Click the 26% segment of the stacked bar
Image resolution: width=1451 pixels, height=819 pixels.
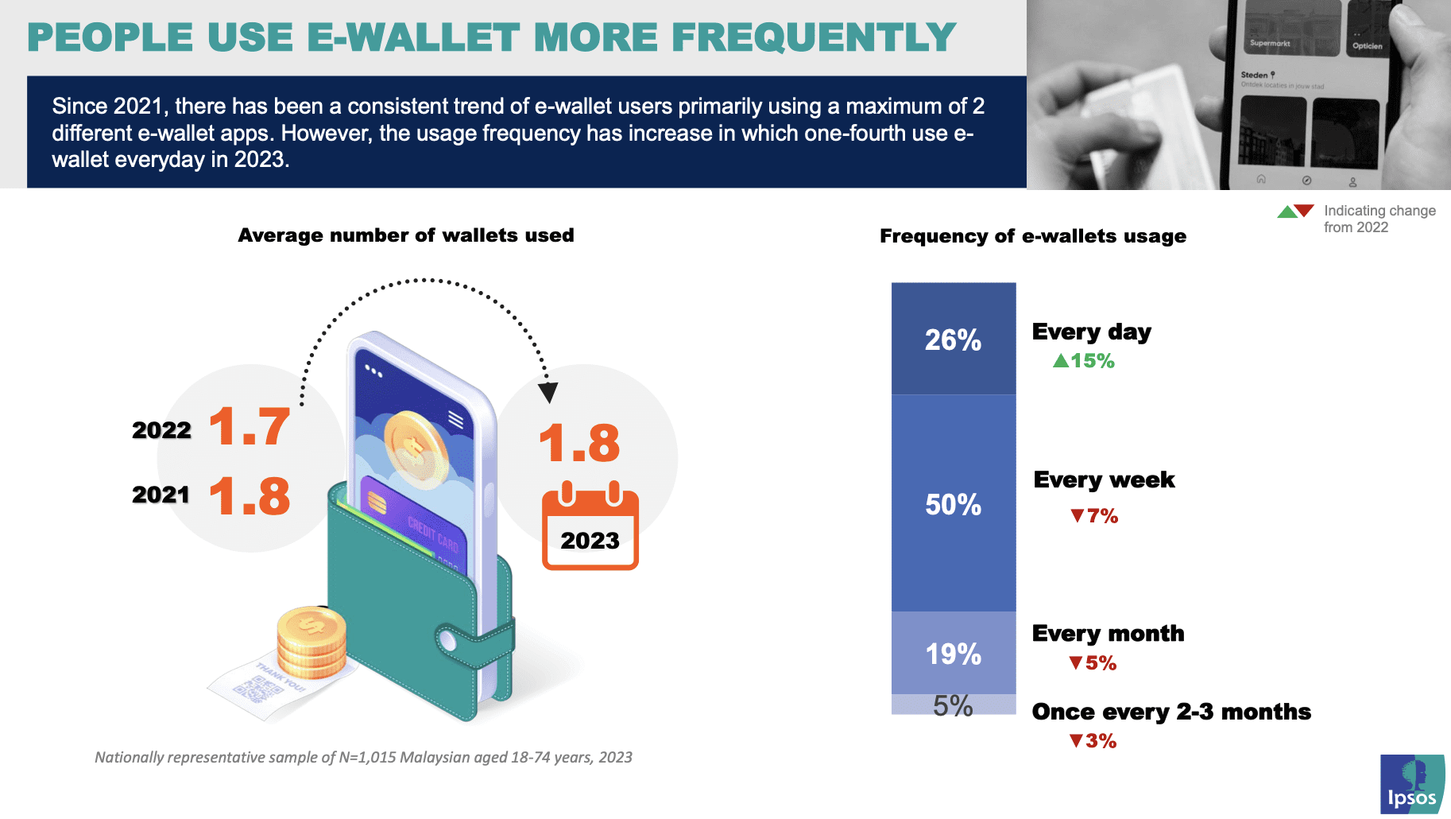[953, 340]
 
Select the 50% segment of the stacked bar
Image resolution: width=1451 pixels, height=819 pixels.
[953, 504]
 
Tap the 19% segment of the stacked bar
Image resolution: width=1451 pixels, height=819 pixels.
[953, 654]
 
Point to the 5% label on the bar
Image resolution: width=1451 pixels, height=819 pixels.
[953, 705]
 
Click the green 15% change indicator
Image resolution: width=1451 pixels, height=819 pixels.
[1084, 361]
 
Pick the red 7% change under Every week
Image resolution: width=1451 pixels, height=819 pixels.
[1094, 516]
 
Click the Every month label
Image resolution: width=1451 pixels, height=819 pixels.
[1108, 634]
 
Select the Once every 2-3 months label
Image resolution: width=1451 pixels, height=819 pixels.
[1170, 712]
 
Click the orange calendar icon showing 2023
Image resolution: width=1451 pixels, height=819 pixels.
[590, 526]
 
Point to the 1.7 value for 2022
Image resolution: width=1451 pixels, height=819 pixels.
[250, 427]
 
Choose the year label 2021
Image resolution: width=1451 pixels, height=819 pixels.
[161, 495]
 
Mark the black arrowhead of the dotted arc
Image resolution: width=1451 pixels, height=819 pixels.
[548, 392]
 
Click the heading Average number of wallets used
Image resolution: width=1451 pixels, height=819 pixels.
[405, 235]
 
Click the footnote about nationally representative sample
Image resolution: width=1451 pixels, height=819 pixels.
[363, 757]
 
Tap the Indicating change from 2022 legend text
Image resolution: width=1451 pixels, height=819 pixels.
[1379, 219]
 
